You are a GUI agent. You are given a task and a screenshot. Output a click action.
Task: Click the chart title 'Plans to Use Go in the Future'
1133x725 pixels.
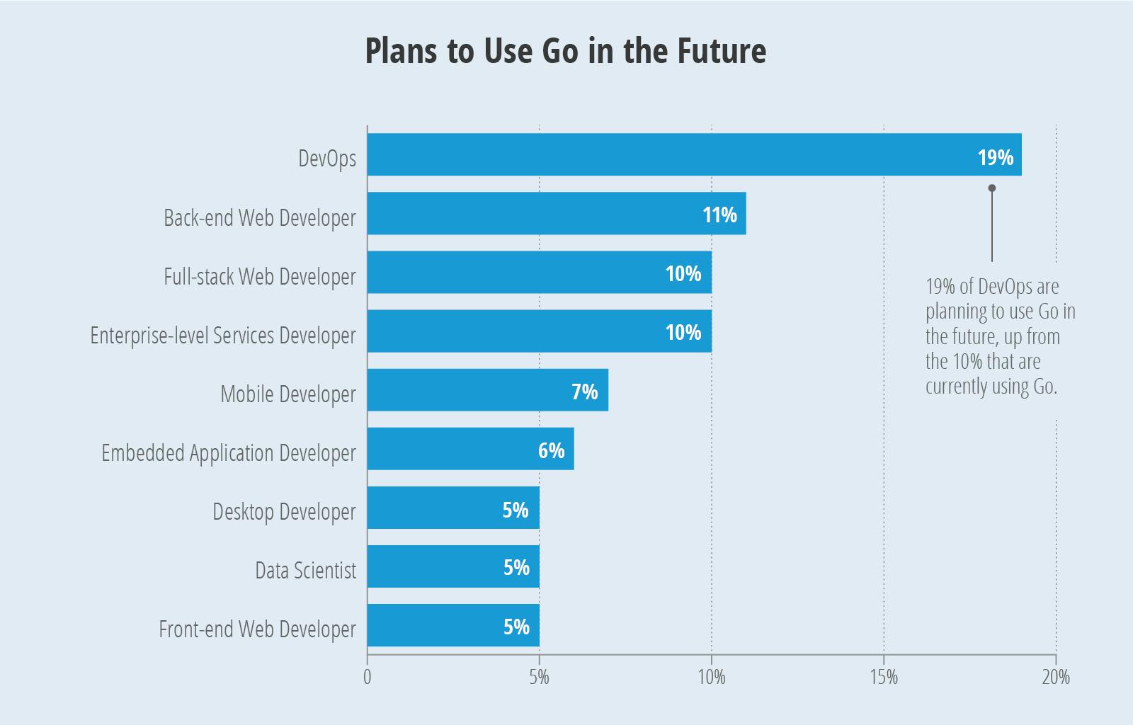pos(565,51)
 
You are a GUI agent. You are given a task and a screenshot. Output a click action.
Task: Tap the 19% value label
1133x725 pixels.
pos(995,157)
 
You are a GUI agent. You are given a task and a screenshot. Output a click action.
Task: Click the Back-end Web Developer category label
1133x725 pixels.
pos(259,217)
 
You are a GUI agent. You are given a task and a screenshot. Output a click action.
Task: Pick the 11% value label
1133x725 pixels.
pos(719,215)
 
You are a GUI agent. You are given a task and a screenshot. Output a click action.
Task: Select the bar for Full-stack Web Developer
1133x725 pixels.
pos(538,273)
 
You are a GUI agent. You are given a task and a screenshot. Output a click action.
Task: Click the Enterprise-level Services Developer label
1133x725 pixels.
pos(222,335)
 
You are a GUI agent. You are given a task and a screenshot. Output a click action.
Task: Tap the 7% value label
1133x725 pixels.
pos(584,392)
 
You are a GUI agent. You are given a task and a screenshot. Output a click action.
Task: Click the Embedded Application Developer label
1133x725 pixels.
pos(228,452)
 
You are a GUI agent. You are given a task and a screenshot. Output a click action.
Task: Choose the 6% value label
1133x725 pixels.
pos(551,450)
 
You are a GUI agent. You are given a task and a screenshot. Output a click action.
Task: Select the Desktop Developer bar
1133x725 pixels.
pos(453,508)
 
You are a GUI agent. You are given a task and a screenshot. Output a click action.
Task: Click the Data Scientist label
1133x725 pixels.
pos(305,570)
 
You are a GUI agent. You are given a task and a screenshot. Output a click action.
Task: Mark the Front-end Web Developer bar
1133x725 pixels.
pos(453,625)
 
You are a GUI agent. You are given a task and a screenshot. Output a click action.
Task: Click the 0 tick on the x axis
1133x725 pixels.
pos(367,677)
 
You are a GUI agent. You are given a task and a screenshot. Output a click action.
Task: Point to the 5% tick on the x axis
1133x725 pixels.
pos(539,677)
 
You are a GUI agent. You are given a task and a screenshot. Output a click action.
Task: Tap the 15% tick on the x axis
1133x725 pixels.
pos(883,677)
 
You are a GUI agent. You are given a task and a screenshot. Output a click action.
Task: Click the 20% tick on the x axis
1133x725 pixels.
pos(1055,677)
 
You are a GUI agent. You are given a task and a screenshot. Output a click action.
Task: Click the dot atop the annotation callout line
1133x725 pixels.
pos(991,188)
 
